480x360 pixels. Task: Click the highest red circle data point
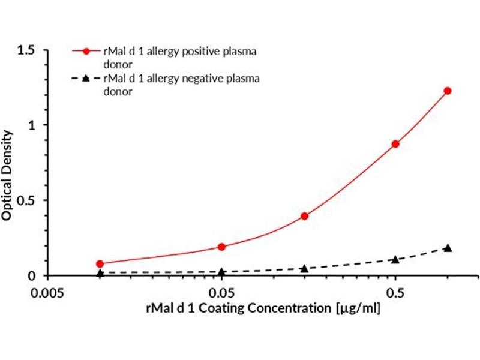[447, 91]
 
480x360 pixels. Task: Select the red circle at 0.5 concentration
[395, 144]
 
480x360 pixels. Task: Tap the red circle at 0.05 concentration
[221, 247]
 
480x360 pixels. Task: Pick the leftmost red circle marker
[100, 263]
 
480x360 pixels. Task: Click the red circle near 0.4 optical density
[304, 216]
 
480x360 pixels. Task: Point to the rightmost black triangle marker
[447, 248]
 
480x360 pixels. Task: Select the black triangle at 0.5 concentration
[395, 259]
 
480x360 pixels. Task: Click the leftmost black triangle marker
[100, 273]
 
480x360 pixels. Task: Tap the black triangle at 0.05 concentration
[221, 272]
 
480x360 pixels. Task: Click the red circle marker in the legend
[86, 52]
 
